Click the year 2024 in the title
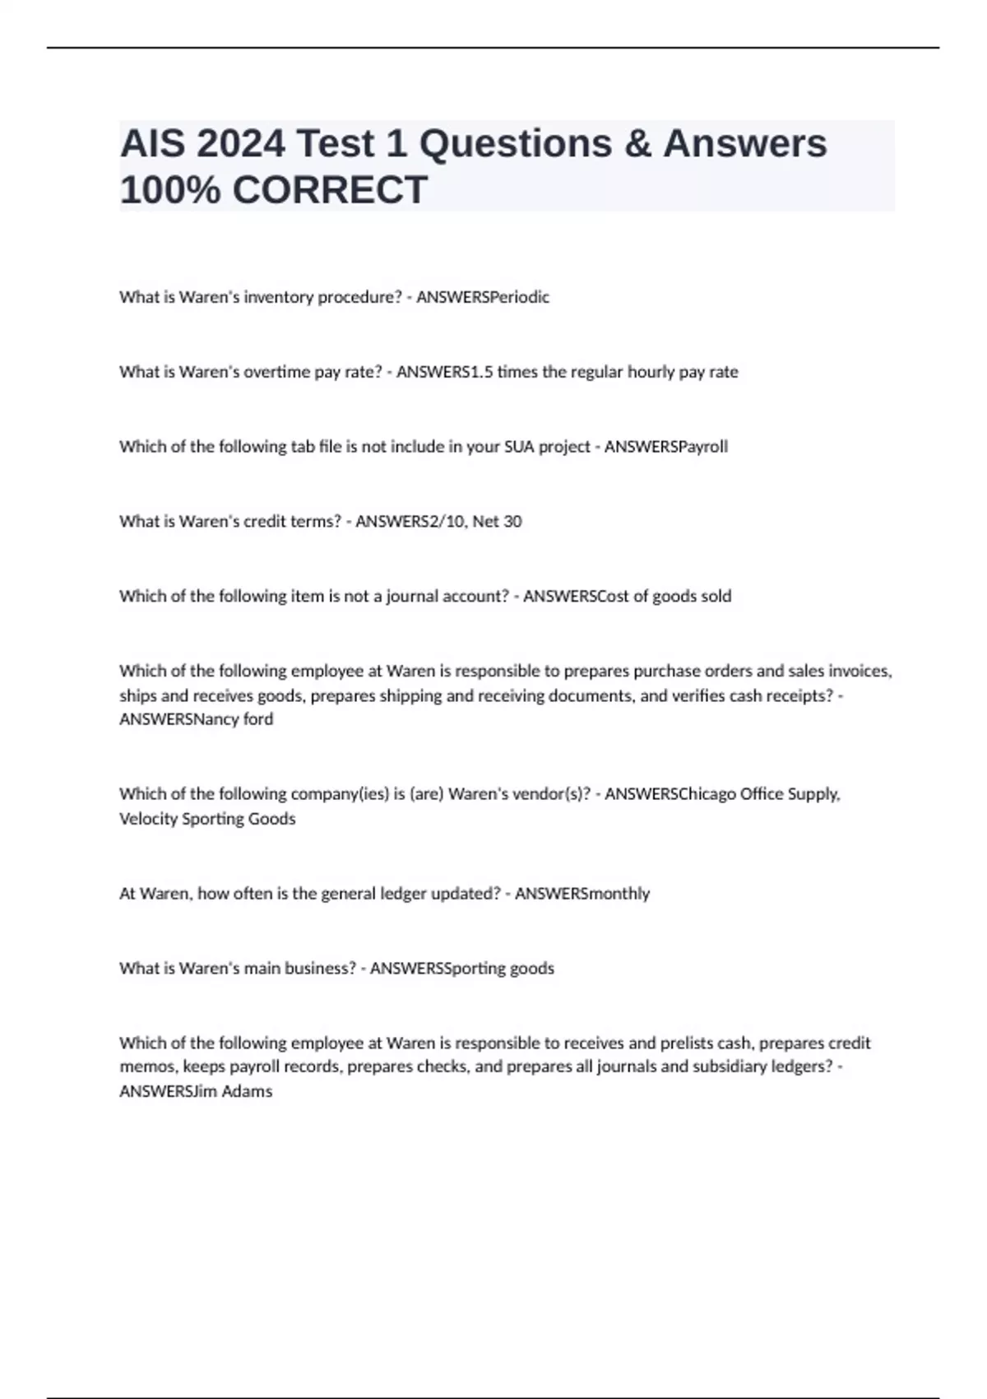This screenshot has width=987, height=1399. (241, 144)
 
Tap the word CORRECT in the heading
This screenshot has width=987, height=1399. (330, 190)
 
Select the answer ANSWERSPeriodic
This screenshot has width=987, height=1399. (483, 297)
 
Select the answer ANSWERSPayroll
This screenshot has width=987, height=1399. (666, 447)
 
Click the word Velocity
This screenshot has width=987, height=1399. (148, 819)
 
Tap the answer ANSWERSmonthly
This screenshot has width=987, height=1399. (582, 894)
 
